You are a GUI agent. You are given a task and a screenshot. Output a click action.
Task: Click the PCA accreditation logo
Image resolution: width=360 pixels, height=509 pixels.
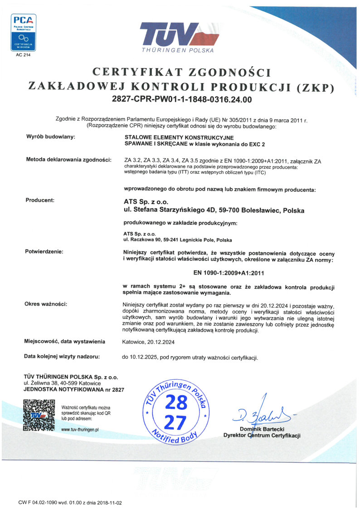pyautogui.click(x=24, y=32)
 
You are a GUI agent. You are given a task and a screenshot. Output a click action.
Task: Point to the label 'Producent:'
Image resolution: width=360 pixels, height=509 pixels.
pyautogui.click(x=40, y=200)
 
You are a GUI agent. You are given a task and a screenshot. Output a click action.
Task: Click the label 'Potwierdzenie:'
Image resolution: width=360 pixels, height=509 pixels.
pyautogui.click(x=44, y=251)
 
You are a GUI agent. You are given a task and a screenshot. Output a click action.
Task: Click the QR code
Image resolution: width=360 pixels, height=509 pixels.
pyautogui.click(x=39, y=414)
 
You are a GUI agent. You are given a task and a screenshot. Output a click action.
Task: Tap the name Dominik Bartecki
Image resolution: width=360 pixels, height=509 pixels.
pyautogui.click(x=262, y=429)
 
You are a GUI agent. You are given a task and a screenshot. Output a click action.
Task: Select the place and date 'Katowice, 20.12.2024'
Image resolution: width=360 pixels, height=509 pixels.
pyautogui.click(x=148, y=342)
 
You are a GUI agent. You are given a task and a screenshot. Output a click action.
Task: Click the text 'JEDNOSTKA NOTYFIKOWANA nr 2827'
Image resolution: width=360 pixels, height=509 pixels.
pyautogui.click(x=73, y=390)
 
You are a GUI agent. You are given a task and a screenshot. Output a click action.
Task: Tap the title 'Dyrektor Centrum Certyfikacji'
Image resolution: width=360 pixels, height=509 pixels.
pyautogui.click(x=262, y=436)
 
